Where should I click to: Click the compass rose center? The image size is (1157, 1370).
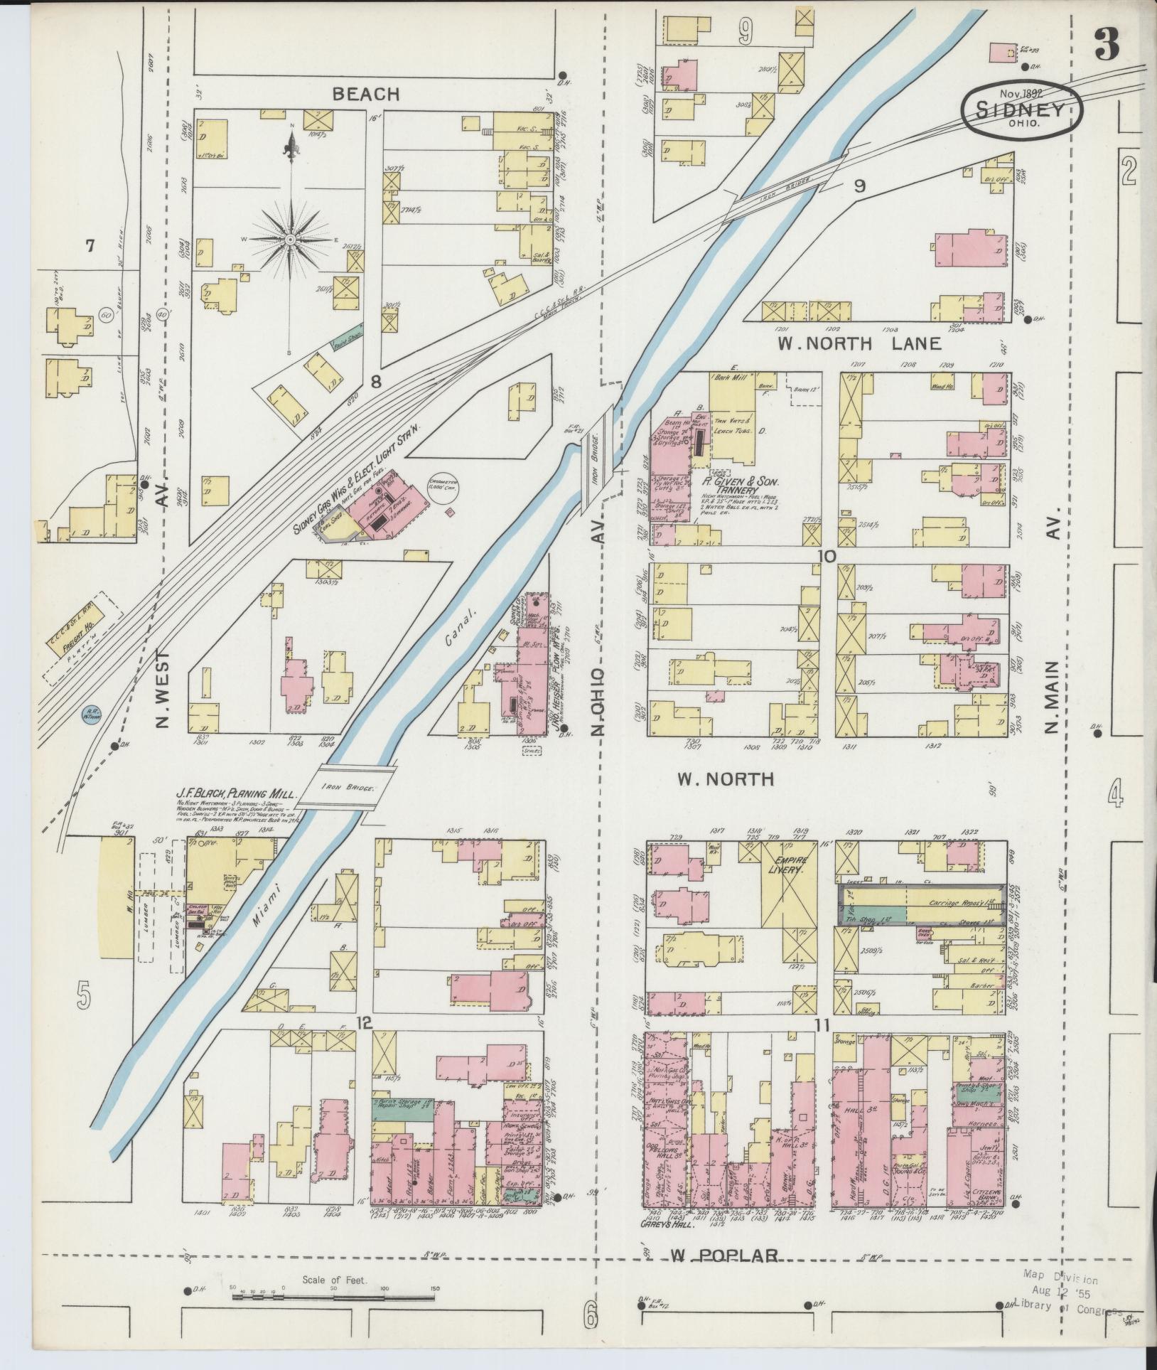291,241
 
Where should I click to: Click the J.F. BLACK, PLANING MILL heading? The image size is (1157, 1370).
237,793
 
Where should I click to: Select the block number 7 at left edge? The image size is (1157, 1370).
90,247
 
